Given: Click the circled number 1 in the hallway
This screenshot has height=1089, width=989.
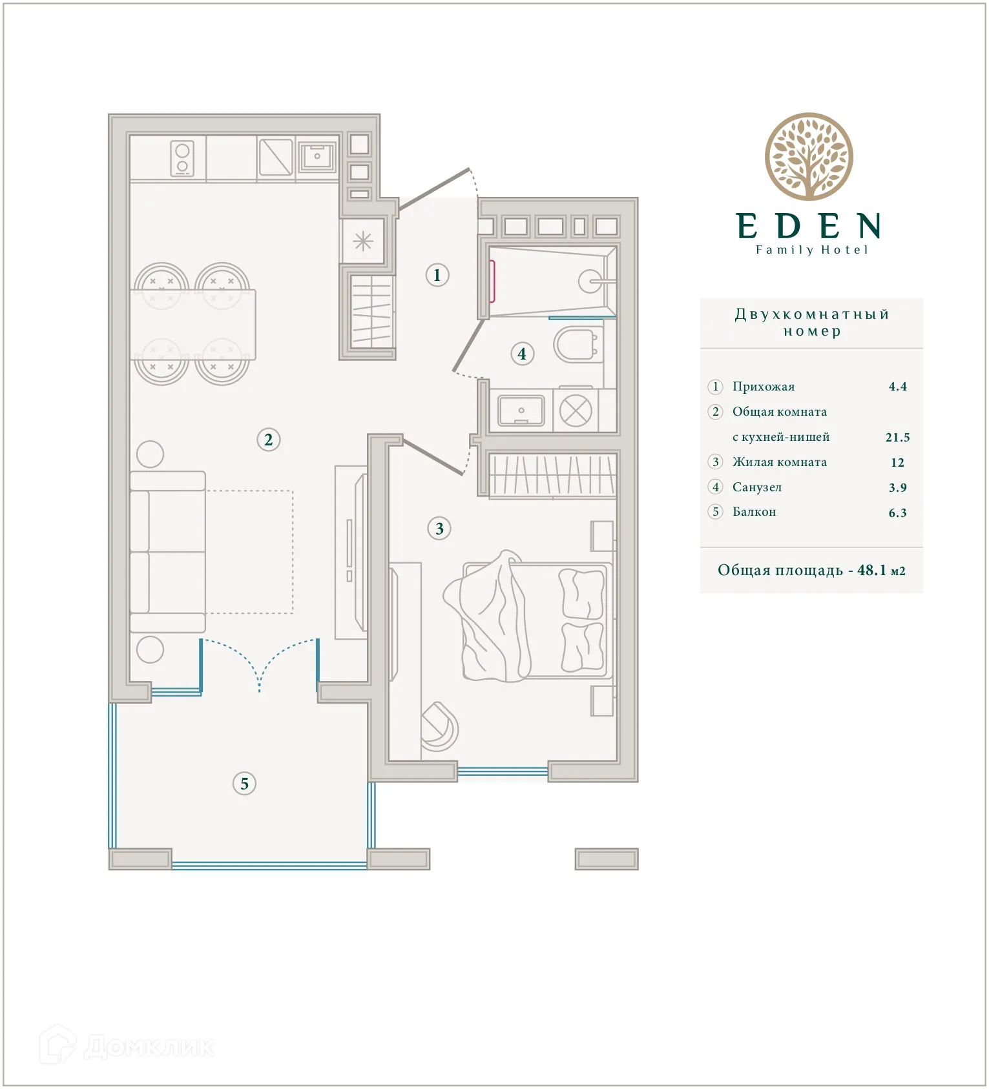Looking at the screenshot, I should pyautogui.click(x=437, y=275).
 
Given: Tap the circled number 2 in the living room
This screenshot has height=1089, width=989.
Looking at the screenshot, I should pyautogui.click(x=268, y=440).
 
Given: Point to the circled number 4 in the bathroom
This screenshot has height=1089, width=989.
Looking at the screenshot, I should pyautogui.click(x=522, y=354).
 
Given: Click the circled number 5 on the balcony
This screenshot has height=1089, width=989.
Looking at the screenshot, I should pyautogui.click(x=244, y=784).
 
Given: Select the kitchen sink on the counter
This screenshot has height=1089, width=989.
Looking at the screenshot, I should pyautogui.click(x=317, y=156).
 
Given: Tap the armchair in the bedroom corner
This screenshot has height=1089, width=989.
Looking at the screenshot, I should pyautogui.click(x=439, y=727).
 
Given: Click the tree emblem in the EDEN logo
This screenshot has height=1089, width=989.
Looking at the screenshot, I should pyautogui.click(x=809, y=157).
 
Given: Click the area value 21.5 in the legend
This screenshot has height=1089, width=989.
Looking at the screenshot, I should pyautogui.click(x=897, y=438).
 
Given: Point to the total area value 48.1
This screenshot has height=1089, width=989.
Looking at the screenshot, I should pyautogui.click(x=871, y=570).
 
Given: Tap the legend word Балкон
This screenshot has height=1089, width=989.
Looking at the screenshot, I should pyautogui.click(x=754, y=512).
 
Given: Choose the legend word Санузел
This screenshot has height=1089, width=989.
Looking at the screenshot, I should pyautogui.click(x=756, y=487).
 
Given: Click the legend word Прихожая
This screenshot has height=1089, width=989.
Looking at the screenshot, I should pyautogui.click(x=763, y=387).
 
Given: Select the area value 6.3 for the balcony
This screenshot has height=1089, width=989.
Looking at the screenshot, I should pyautogui.click(x=897, y=513).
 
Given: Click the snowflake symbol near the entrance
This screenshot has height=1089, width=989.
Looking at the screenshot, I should pyautogui.click(x=363, y=241).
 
